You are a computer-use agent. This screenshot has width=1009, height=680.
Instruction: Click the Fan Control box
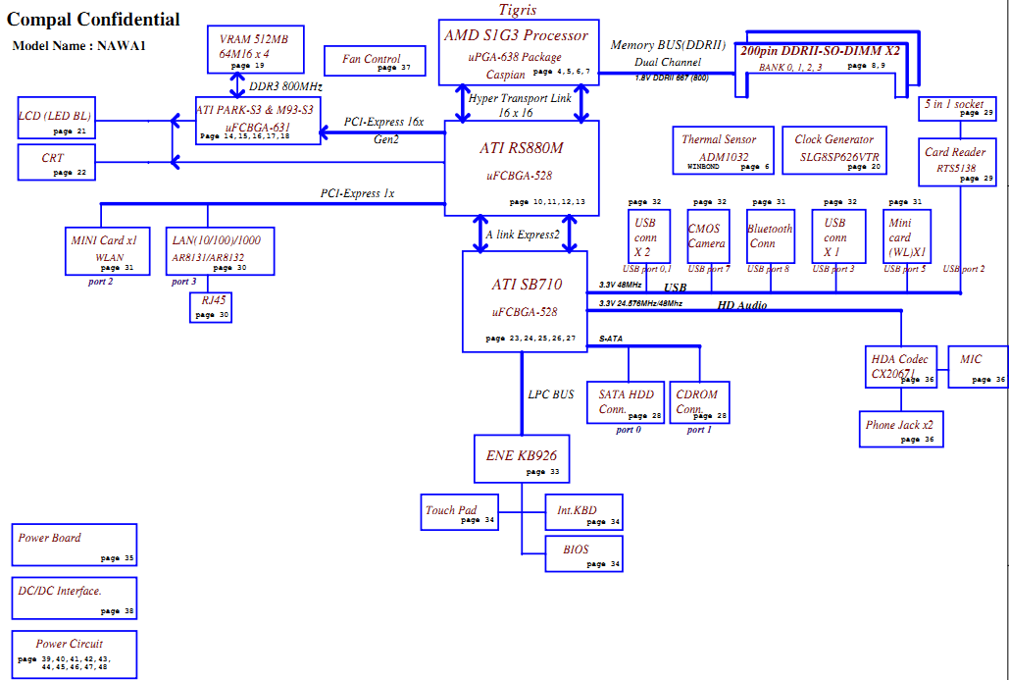pos(375,61)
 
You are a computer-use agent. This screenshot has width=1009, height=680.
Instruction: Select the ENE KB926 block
pos(522,458)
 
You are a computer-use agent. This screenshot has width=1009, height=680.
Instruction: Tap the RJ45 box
pos(211,307)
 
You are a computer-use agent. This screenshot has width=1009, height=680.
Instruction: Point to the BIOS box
pos(583,553)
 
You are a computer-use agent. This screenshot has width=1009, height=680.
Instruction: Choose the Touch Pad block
pos(460,512)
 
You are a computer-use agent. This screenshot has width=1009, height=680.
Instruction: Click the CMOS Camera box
pos(708,236)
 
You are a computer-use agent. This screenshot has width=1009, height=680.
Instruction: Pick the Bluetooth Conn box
pos(771,236)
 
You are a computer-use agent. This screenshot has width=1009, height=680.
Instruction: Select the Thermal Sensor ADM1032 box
pos(723,150)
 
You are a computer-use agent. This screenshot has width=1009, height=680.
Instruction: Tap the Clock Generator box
pos(833,150)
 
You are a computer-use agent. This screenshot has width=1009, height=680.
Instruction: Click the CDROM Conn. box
pos(699,402)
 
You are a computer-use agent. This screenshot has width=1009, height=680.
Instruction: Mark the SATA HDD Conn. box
pos(626,402)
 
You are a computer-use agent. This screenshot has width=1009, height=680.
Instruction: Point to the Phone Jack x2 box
pos(901,429)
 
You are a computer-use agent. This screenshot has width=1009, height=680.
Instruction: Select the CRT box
pos(57,162)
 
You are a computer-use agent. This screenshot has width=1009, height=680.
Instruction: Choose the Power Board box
pos(74,545)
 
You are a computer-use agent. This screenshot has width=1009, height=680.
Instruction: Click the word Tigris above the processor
pos(518,10)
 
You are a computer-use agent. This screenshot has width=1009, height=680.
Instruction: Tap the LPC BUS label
pos(551,394)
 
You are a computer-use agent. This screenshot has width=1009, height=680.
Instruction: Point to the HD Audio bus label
pos(742,305)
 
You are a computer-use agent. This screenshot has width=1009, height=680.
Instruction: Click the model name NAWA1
pos(122,46)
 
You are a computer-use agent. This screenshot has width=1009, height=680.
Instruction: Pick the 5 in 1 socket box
pos(957,108)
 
